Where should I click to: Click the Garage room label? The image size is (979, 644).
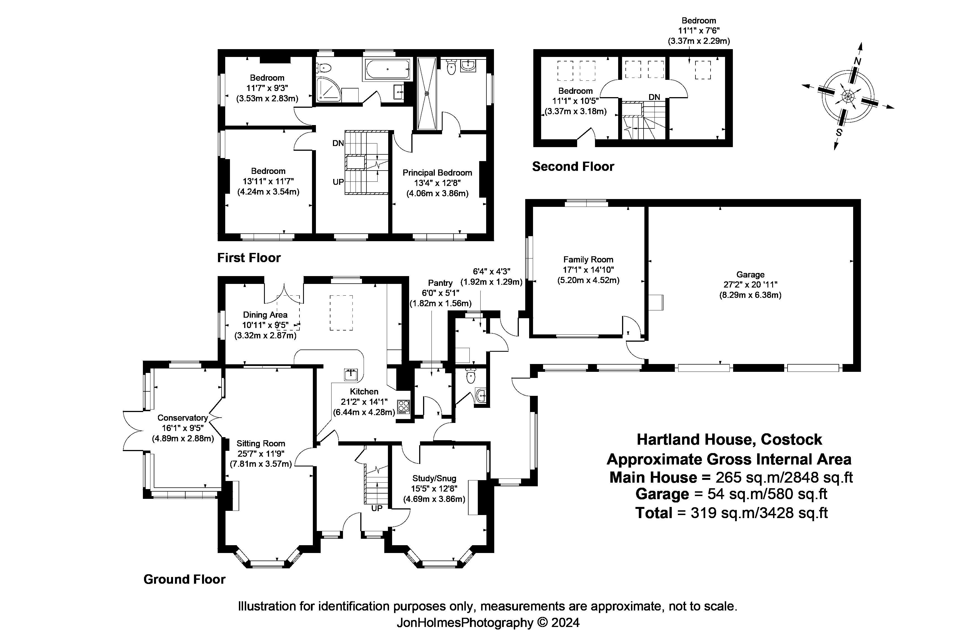[750, 274]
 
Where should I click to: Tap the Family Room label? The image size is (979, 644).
[588, 260]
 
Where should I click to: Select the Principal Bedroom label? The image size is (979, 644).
[437, 173]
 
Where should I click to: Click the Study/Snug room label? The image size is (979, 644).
[434, 478]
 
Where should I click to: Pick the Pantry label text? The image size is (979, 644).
[440, 283]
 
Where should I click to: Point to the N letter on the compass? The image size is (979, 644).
[857, 61]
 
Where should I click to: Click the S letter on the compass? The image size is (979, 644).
[839, 133]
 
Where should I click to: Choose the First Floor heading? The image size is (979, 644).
[249, 258]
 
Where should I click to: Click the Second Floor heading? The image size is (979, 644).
[573, 167]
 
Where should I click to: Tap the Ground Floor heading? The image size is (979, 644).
[184, 580]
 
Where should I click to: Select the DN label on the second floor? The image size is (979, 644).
[654, 97]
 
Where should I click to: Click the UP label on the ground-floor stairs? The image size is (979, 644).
[377, 508]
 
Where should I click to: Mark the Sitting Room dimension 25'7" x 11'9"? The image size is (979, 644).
[261, 454]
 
